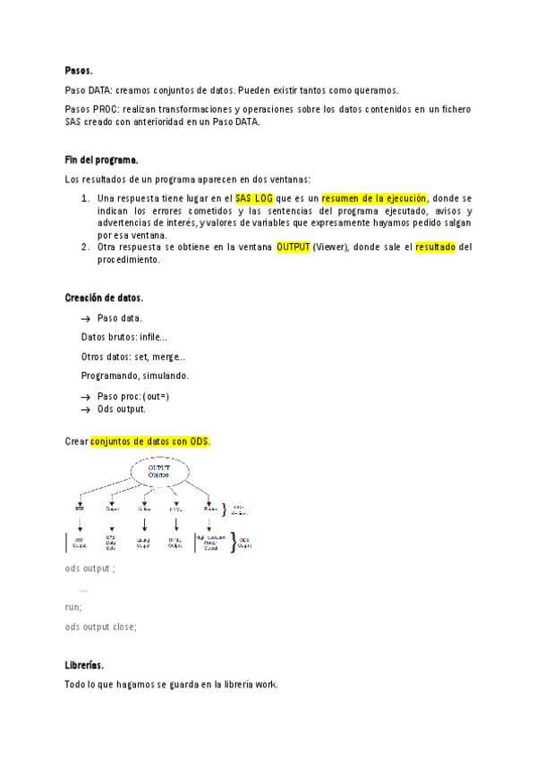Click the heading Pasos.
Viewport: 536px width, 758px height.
click(79, 70)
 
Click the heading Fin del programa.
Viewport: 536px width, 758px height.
click(101, 159)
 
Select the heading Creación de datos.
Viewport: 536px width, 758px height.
click(104, 298)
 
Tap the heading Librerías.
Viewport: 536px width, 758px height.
click(85, 666)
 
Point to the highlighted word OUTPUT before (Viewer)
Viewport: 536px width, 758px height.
click(294, 247)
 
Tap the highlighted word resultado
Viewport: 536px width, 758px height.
click(436, 247)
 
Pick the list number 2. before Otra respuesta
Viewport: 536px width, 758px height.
click(85, 247)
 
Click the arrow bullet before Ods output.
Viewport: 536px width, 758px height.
click(86, 409)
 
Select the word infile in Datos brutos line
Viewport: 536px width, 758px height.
click(152, 337)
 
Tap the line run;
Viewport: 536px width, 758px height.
click(73, 607)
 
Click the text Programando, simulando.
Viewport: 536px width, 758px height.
click(135, 375)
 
